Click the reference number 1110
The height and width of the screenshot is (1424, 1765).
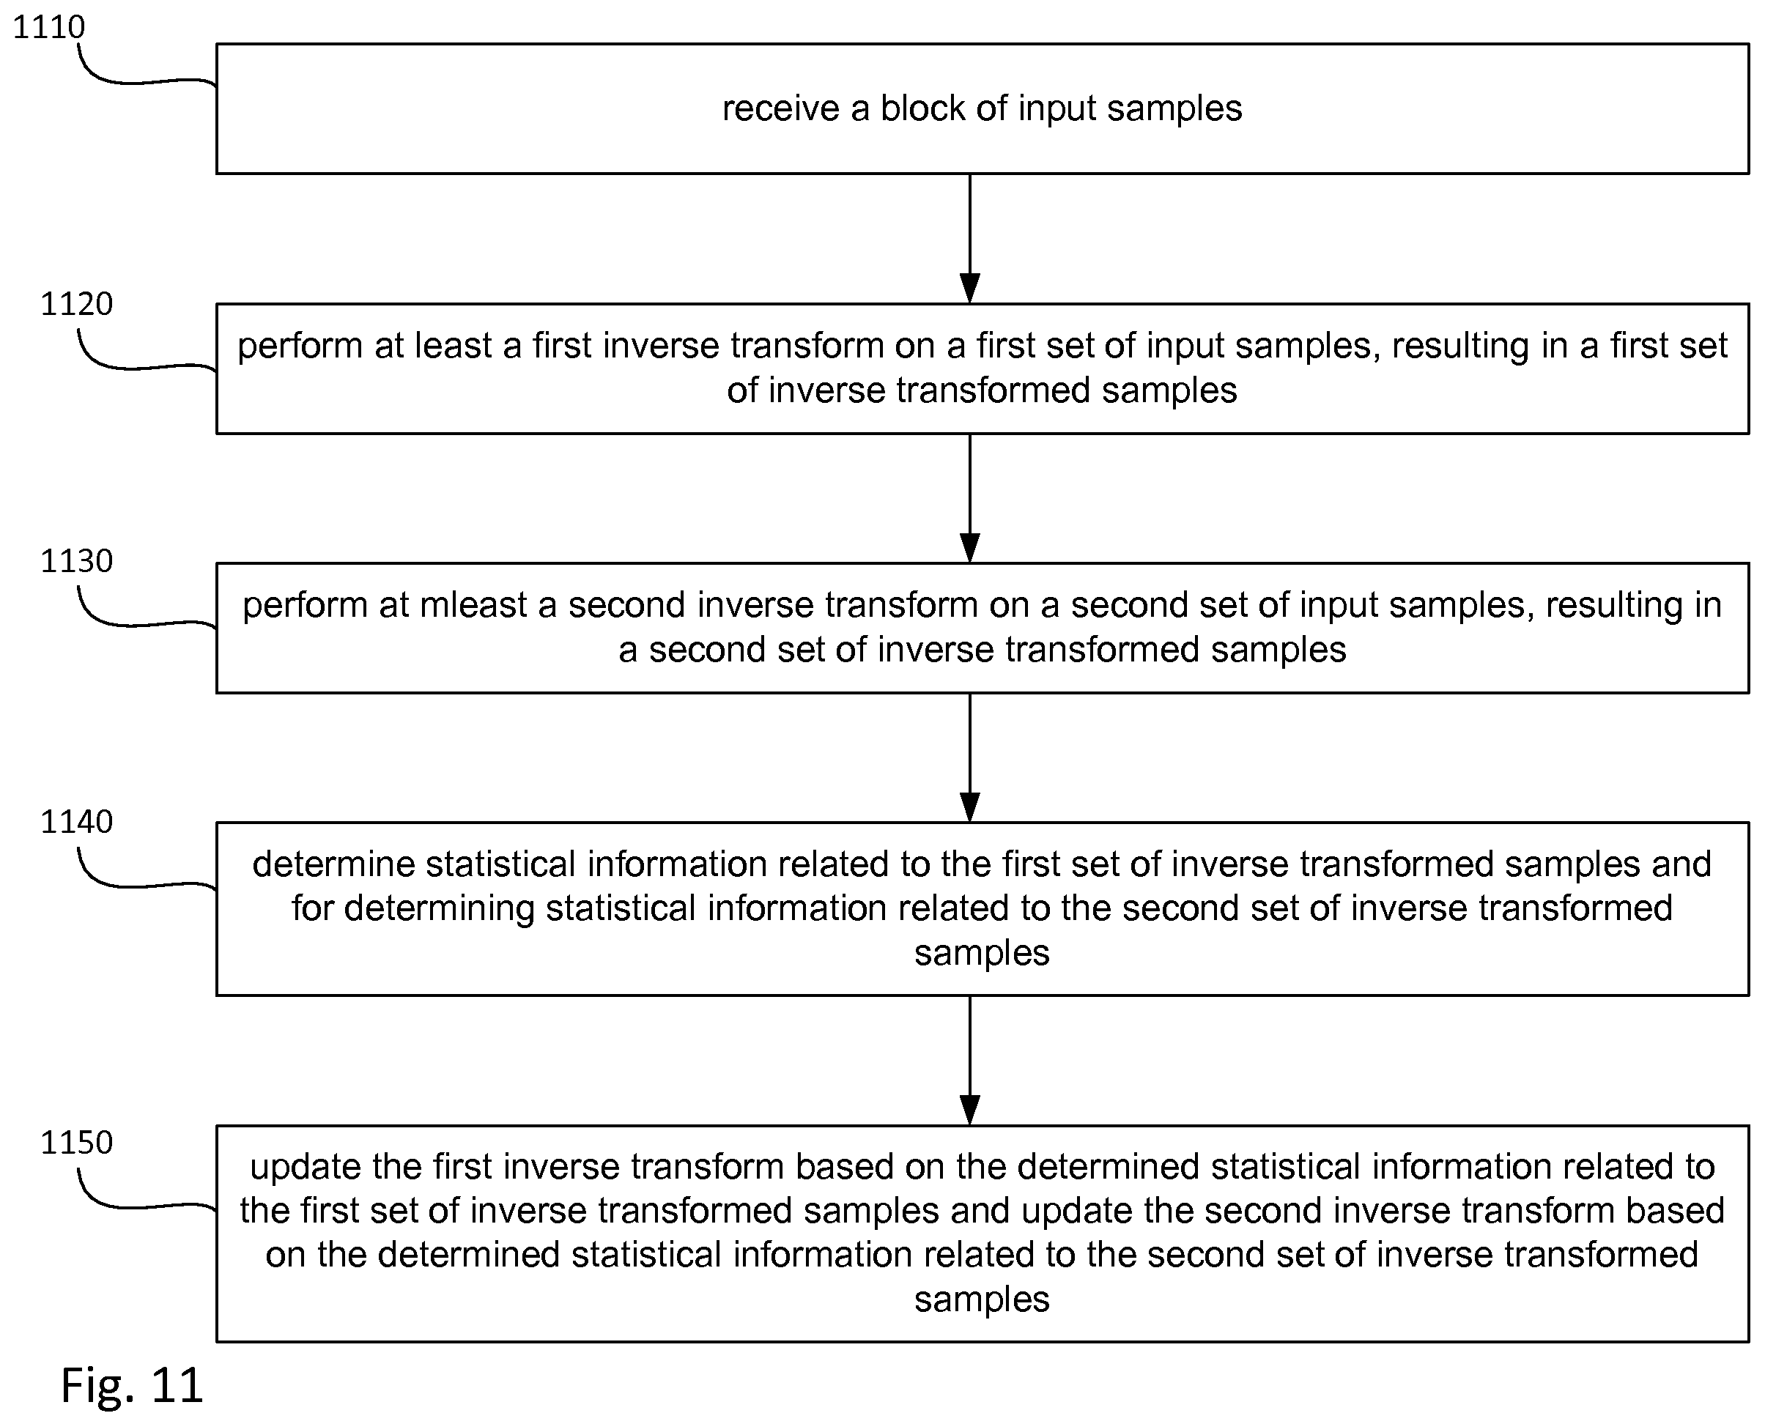pos(48,27)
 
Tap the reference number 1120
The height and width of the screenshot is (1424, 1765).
pos(76,304)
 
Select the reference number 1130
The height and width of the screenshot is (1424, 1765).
pos(76,561)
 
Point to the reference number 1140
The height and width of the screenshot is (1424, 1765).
pos(76,822)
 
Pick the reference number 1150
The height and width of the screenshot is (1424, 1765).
pos(76,1143)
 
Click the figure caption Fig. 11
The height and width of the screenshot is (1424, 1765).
pos(132,1385)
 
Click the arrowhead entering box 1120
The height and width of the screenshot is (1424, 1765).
pos(970,289)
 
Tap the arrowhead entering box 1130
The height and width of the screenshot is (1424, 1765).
pos(970,548)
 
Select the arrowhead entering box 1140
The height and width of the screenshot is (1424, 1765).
pos(970,808)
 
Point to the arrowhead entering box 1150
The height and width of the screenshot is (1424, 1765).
pos(970,1110)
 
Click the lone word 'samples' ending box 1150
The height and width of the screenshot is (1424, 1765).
pos(983,1300)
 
